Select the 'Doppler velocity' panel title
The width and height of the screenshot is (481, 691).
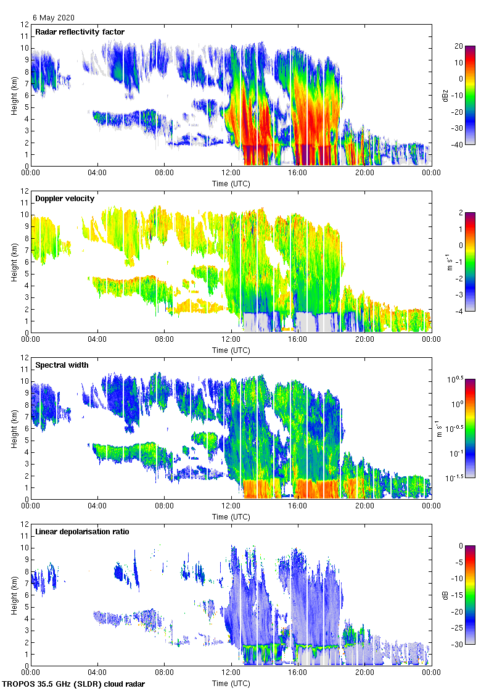[64, 199]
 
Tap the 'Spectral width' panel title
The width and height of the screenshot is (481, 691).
[61, 365]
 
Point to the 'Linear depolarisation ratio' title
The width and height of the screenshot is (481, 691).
[82, 532]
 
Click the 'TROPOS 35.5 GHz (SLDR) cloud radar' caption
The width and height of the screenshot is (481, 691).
[74, 685]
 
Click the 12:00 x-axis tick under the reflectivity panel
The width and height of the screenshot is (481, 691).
[231, 173]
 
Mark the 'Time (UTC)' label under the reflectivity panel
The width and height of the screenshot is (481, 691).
[231, 183]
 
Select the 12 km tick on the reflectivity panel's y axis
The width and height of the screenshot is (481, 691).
[24, 25]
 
